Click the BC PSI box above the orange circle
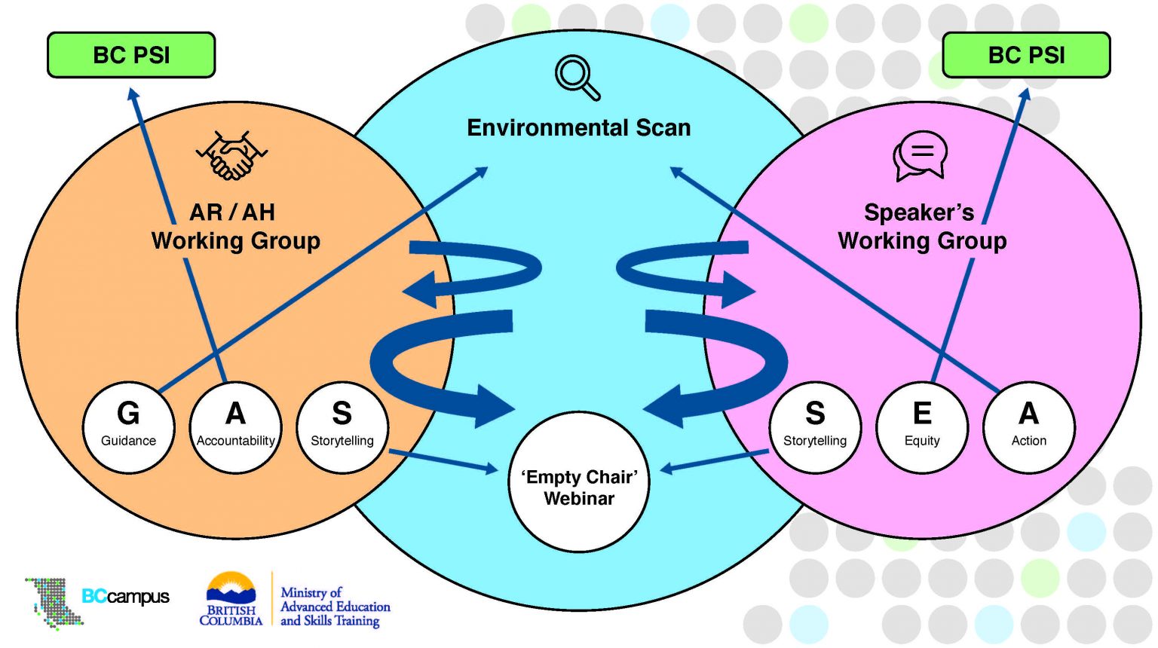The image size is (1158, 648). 131,55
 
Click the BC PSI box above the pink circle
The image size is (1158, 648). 1026,55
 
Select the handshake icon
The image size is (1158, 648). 231,156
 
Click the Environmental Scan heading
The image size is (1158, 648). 579,127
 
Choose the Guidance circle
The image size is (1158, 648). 128,427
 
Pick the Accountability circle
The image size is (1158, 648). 235,427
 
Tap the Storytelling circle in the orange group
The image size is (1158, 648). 342,427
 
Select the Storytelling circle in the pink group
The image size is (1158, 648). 815,427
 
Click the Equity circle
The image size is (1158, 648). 922,427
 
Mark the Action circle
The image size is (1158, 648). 1029,427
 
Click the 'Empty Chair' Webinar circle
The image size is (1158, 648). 579,482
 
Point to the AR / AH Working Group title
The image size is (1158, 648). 235,226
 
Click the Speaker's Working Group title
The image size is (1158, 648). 922,226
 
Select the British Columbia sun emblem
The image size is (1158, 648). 231,588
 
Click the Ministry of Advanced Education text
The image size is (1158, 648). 335,607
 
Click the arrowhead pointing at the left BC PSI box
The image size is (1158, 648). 133,95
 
